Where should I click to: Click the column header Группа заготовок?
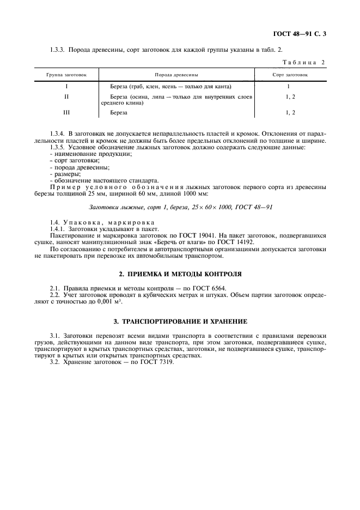66,73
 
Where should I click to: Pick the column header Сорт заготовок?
290,73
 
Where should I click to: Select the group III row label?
66,113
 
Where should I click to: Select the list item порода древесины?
80,167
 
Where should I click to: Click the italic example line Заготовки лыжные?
180,208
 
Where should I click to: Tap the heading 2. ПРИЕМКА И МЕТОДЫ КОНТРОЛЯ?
180,274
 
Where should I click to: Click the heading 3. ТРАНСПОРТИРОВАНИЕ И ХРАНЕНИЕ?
180,322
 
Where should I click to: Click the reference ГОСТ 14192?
238,242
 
